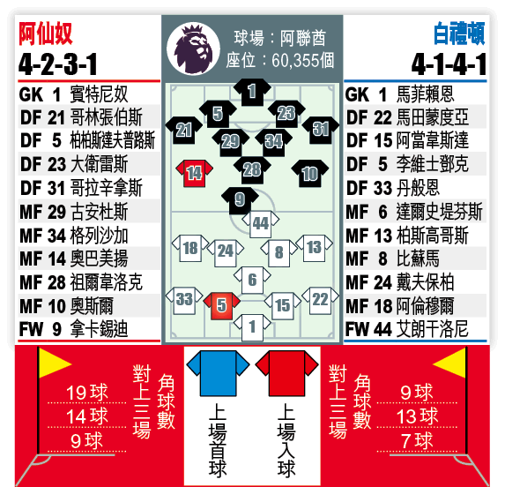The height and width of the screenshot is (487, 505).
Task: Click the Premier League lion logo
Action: pos(193,49)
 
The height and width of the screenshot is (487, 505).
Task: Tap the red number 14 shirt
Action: pos(194,174)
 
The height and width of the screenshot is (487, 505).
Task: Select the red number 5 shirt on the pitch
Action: pos(221,306)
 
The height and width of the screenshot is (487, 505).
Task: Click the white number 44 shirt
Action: pos(261,224)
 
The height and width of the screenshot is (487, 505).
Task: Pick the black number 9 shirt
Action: pos(240,200)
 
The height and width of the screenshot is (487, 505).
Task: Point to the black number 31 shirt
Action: pos(321,130)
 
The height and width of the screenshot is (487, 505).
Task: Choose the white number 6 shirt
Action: pos(252,280)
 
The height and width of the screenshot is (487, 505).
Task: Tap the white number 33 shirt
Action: pos(184,300)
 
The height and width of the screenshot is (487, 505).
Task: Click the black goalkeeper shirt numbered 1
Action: pos(252,92)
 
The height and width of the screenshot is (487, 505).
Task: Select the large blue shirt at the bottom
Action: pos(218,373)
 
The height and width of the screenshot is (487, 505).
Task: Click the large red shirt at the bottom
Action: pos(287,373)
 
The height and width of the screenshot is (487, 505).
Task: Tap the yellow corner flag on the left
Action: pos(54,363)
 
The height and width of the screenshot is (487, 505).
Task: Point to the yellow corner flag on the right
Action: pos(449,363)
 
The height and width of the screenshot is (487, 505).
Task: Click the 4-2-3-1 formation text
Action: pos(58,64)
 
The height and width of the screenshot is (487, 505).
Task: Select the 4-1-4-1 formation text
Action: pos(449,64)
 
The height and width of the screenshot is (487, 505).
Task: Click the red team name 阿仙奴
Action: pos(46,34)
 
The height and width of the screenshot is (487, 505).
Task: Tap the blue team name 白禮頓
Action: pos(459,34)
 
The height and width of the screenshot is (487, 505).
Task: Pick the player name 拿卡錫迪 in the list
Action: pos(100,329)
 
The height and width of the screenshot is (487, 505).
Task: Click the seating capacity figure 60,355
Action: pos(294,60)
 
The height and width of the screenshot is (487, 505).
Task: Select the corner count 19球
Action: pos(87,393)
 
